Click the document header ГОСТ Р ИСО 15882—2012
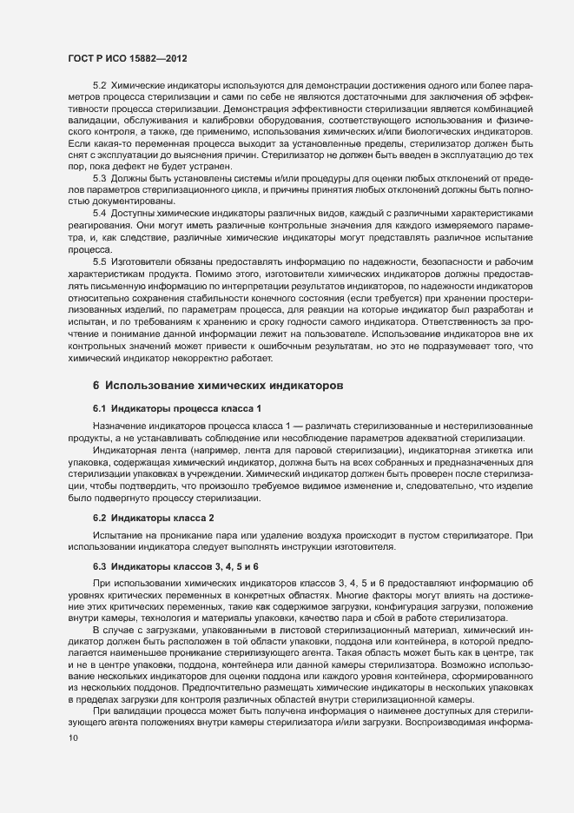(x=124, y=58)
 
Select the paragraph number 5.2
(x=99, y=85)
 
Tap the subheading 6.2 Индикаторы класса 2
(x=153, y=492)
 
